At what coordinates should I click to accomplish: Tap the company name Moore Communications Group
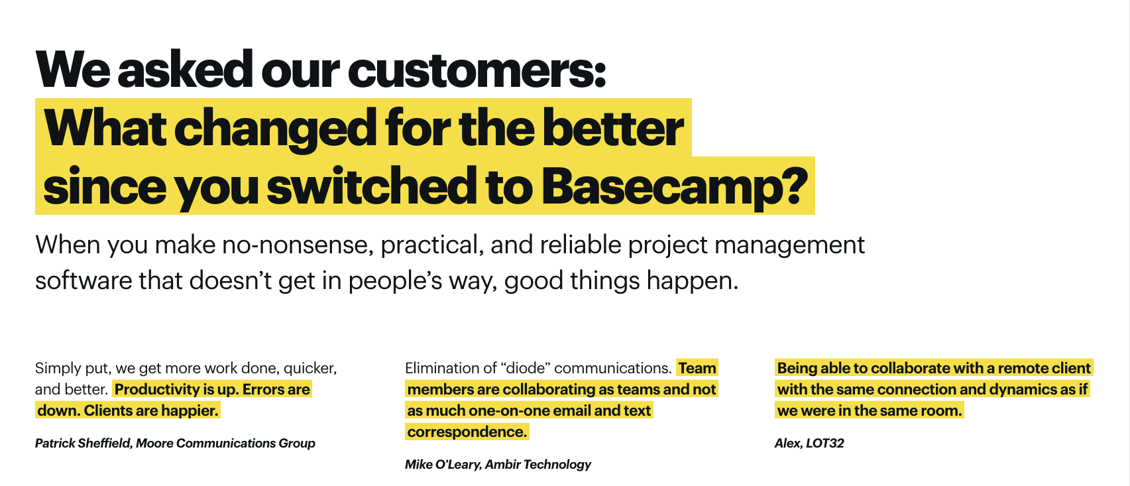(x=225, y=443)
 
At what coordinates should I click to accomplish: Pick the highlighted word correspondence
(x=467, y=432)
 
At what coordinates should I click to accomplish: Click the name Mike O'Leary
(x=443, y=464)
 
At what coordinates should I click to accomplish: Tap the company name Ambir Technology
(x=537, y=465)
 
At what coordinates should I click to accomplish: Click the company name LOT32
(x=824, y=443)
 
